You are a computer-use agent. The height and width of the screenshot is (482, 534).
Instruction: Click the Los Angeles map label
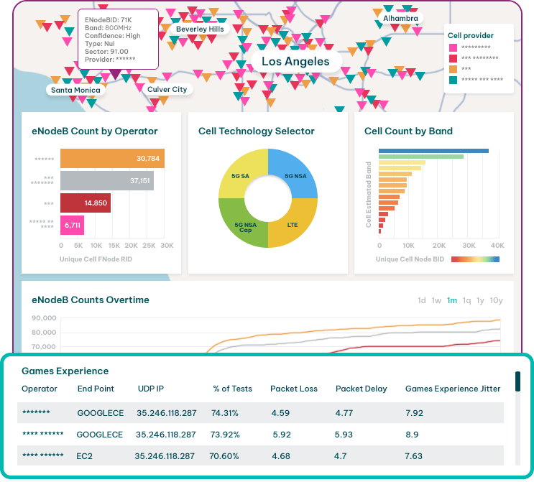click(295, 62)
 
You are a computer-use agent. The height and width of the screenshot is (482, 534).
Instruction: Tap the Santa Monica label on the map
click(75, 91)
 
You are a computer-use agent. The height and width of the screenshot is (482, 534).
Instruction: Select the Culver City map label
click(167, 90)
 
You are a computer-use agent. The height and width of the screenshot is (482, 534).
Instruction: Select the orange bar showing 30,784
click(112, 159)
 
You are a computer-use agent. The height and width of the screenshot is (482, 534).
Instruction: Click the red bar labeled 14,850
click(85, 203)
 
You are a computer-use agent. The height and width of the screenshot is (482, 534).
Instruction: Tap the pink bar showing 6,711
click(72, 226)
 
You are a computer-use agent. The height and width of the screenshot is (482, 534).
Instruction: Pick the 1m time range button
click(452, 300)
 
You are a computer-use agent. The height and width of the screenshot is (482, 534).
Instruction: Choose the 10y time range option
click(496, 300)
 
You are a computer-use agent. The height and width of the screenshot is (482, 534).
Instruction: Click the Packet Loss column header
click(294, 389)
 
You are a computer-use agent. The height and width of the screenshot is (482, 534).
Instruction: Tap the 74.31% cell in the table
click(225, 413)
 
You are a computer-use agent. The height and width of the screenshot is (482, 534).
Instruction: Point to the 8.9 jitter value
click(412, 435)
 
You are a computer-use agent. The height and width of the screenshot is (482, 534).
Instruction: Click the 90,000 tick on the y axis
click(45, 318)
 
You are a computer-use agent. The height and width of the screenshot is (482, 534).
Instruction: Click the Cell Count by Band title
click(408, 131)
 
